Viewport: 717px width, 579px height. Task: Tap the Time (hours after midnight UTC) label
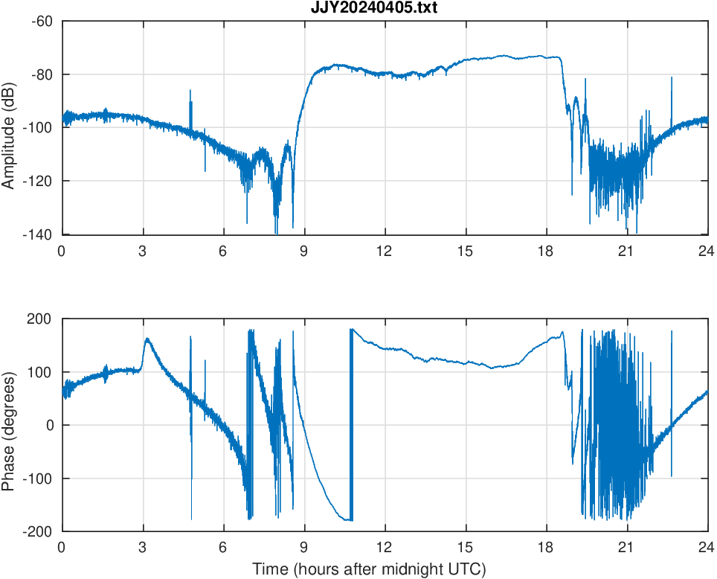tap(369, 570)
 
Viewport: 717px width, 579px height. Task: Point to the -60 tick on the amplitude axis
tap(42, 21)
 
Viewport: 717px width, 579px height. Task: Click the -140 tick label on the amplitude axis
tap(39, 234)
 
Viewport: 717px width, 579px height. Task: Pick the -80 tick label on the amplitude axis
tap(42, 74)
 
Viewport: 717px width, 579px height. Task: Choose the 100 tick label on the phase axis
tap(43, 372)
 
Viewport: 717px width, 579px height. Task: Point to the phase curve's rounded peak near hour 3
tap(147, 339)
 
